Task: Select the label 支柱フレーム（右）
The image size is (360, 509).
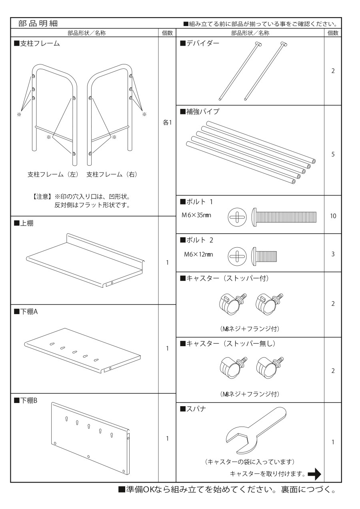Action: click(x=112, y=174)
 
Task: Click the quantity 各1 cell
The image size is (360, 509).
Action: click(x=167, y=122)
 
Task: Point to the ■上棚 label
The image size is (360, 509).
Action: click(x=24, y=223)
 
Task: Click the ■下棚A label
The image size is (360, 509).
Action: click(x=26, y=311)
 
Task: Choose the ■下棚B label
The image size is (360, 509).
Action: click(x=26, y=400)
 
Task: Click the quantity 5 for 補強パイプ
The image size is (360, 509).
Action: click(x=333, y=154)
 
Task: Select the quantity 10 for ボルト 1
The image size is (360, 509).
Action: click(x=333, y=216)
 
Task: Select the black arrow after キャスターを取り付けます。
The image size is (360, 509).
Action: click(x=315, y=474)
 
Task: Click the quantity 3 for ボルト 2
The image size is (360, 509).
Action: click(x=333, y=254)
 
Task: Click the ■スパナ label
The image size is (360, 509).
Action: click(x=193, y=409)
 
